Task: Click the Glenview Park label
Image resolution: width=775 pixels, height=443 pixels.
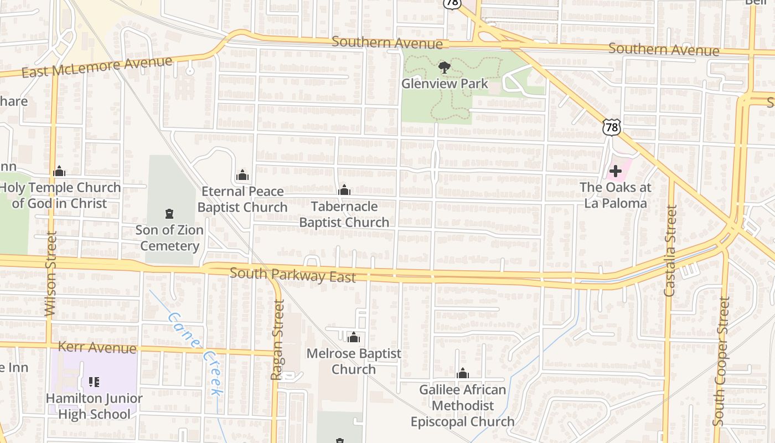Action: [445, 84]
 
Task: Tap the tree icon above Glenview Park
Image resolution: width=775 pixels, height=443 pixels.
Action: [444, 68]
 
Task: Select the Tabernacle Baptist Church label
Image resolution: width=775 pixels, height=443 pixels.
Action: [344, 214]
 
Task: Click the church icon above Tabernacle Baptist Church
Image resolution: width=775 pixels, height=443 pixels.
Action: [344, 190]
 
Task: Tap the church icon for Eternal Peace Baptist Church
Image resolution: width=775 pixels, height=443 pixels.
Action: [242, 176]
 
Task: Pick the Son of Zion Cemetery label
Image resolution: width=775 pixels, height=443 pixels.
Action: [169, 238]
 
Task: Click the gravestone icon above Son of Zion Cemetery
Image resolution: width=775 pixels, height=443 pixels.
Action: [169, 213]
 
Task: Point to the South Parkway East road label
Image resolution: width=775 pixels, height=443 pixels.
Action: [292, 275]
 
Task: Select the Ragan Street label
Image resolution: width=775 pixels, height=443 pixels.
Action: [277, 339]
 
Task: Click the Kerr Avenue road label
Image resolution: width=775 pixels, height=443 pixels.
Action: [97, 348]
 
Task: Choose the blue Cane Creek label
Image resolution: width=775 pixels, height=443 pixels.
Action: [197, 353]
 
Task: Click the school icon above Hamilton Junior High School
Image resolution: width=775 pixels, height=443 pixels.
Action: [94, 382]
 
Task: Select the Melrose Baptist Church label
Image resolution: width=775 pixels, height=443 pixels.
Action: [354, 361]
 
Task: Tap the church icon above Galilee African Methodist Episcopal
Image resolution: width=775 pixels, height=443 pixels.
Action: [463, 374]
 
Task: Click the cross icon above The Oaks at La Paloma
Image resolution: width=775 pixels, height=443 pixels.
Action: [615, 171]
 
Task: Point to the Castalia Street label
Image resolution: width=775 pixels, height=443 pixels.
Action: [670, 250]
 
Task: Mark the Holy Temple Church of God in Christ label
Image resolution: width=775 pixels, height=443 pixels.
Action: [60, 195]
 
